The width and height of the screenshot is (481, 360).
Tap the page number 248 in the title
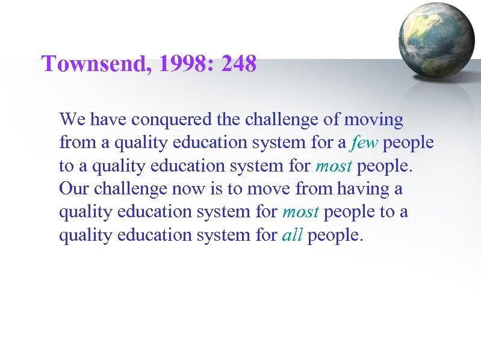tap(239, 63)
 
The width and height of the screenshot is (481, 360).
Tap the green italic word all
tap(292, 235)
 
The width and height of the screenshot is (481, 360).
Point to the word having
tap(363, 188)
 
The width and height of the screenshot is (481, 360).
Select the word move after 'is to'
tap(267, 188)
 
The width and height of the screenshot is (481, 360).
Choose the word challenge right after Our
tap(131, 188)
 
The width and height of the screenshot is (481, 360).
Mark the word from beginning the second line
tap(72, 143)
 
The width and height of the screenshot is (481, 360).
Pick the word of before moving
tap(332, 119)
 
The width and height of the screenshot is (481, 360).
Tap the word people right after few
tap(408, 143)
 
